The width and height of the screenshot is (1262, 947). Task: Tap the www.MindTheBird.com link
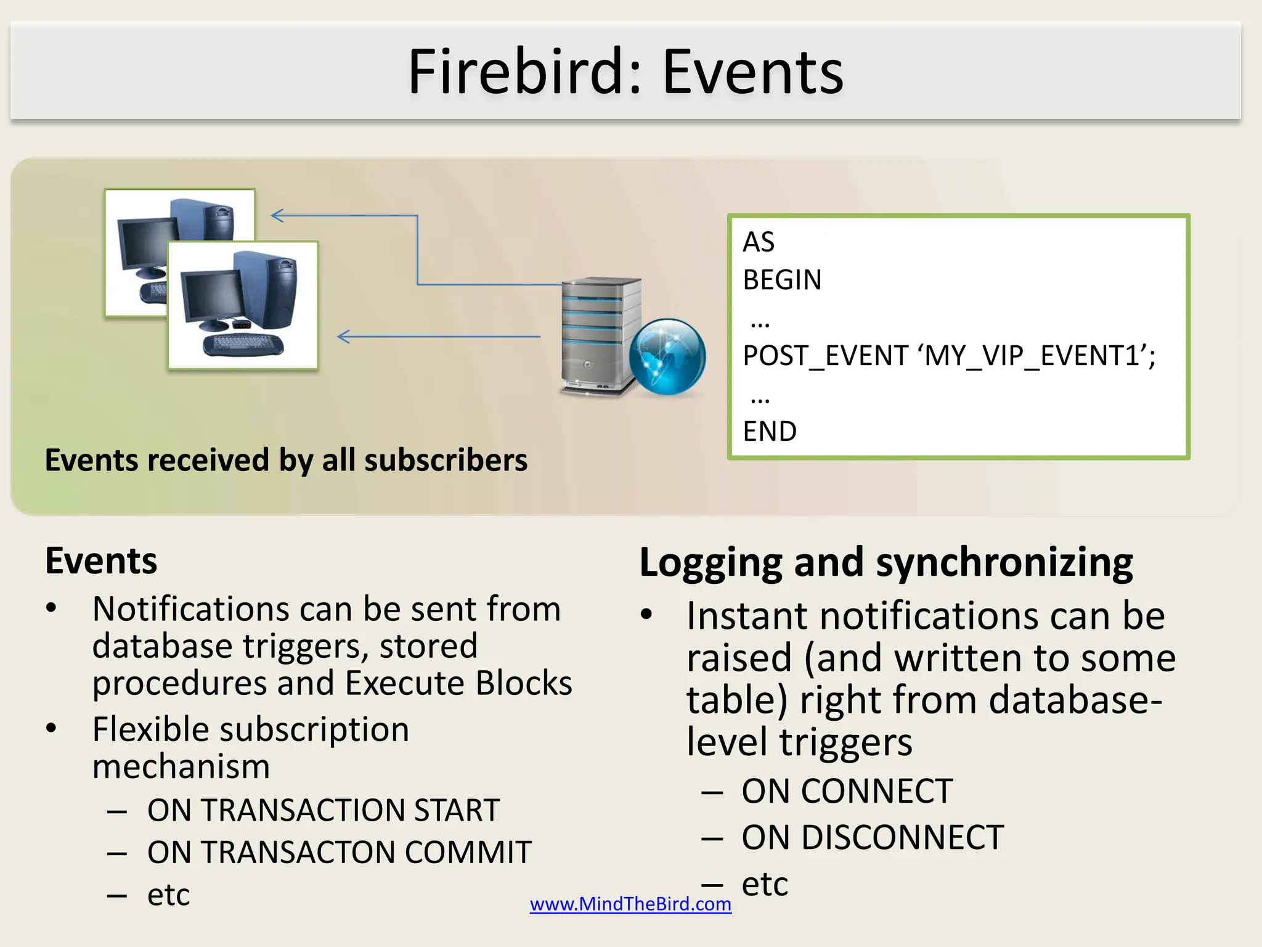(x=630, y=904)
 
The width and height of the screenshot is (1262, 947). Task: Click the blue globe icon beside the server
(x=667, y=356)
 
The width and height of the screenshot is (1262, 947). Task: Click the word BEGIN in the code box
(x=782, y=280)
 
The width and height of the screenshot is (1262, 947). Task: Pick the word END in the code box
(x=770, y=432)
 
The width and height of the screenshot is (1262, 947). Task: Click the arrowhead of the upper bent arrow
(x=277, y=215)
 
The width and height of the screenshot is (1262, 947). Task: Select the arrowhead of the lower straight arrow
(x=344, y=337)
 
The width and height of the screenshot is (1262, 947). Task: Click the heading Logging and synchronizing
(x=885, y=562)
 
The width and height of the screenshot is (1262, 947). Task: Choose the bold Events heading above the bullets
(x=101, y=561)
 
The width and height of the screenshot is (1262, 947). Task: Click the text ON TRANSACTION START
(x=323, y=810)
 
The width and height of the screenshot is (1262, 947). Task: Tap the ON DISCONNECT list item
(x=872, y=838)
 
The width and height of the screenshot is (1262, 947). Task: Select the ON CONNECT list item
(x=847, y=791)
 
